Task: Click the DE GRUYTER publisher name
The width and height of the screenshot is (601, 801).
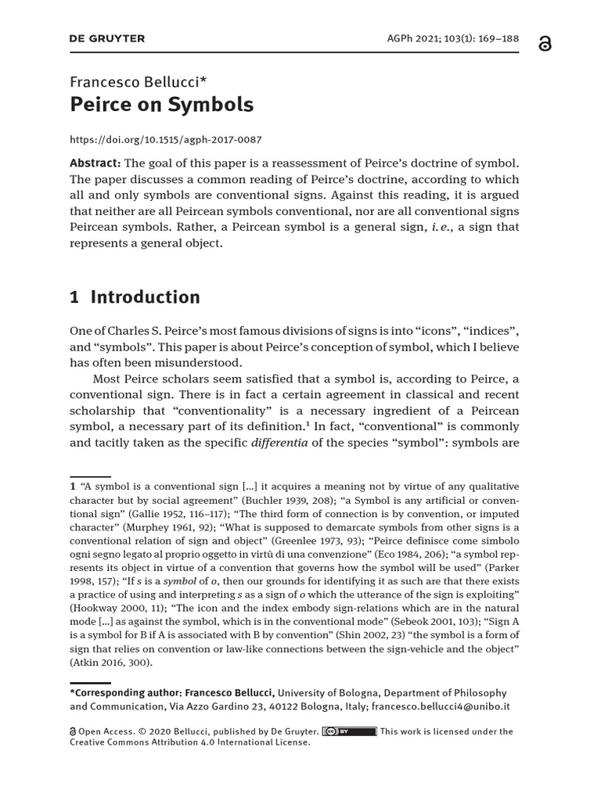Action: coord(107,38)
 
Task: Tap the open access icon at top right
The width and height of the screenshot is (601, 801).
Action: coord(545,44)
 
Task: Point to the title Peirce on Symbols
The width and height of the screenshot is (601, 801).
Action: coord(162,105)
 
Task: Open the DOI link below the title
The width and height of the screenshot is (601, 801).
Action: coord(166,140)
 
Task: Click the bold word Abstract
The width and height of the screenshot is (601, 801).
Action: coord(95,163)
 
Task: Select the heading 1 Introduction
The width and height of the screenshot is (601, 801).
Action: coord(135,297)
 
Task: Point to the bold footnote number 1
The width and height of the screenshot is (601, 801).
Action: coord(73,487)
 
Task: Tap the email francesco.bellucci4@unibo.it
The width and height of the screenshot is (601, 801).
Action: coord(441,706)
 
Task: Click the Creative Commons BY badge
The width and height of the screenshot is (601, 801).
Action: coord(349,731)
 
